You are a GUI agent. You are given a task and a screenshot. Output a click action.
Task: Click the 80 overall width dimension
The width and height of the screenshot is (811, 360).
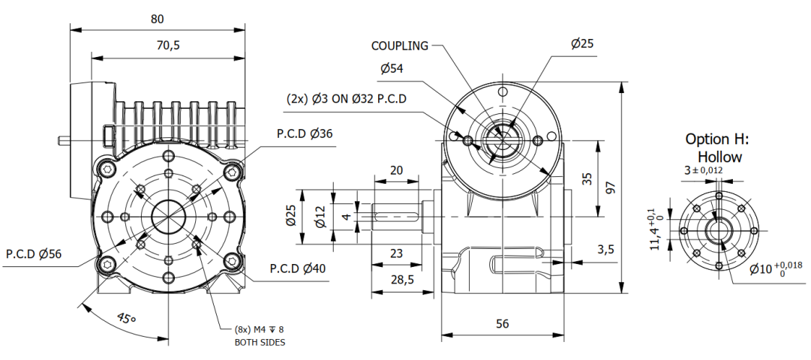[x=157, y=19]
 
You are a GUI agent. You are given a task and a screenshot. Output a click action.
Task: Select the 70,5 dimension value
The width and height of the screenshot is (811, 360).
[x=167, y=45]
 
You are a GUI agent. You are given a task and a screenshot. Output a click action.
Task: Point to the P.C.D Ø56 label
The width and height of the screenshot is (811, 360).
[x=34, y=253]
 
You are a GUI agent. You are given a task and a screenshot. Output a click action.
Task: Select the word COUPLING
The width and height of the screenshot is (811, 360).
[x=400, y=46]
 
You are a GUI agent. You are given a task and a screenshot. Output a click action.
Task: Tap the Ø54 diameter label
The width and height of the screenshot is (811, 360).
[x=392, y=68]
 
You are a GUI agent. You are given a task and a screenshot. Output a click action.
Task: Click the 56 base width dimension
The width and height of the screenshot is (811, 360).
[x=502, y=323]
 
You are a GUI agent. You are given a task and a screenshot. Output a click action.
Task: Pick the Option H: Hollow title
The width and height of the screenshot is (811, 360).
[x=717, y=148]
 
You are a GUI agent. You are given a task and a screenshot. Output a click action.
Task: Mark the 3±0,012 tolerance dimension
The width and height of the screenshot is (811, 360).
[x=703, y=170]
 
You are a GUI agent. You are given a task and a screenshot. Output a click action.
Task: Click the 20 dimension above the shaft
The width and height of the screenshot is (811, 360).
[x=397, y=170]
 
